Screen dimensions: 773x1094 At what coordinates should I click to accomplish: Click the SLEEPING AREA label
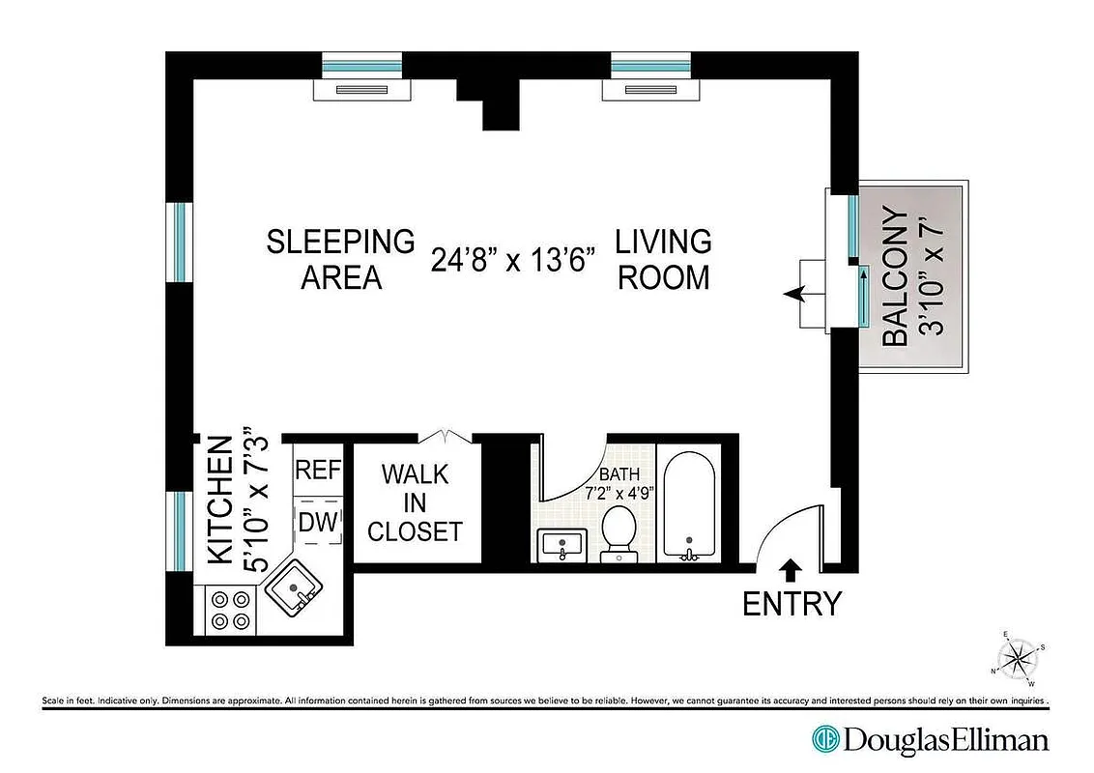[340, 259]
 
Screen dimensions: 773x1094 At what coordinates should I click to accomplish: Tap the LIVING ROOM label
[664, 259]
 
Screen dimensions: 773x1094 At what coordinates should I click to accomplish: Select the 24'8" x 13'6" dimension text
[513, 261]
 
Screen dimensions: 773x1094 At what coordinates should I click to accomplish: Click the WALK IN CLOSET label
[415, 502]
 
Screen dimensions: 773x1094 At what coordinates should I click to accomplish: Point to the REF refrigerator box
[318, 471]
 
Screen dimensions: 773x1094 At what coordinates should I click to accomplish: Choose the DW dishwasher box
[318, 523]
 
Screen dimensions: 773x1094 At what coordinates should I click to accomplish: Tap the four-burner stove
[230, 610]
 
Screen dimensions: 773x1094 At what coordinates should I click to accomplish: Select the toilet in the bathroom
[618, 531]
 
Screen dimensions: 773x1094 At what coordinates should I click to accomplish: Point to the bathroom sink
[560, 547]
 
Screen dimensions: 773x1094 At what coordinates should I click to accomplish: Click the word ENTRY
[792, 604]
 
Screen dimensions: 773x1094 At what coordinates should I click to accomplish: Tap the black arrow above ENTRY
[791, 569]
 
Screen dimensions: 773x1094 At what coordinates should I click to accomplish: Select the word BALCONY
[896, 277]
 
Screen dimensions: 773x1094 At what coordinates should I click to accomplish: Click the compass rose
[1017, 659]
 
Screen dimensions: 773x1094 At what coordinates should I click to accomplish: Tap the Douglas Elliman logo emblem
[824, 740]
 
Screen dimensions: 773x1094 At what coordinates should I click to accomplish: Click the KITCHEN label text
[220, 501]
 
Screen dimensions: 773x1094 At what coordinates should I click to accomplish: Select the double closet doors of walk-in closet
[446, 437]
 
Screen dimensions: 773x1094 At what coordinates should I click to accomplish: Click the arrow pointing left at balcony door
[797, 295]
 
